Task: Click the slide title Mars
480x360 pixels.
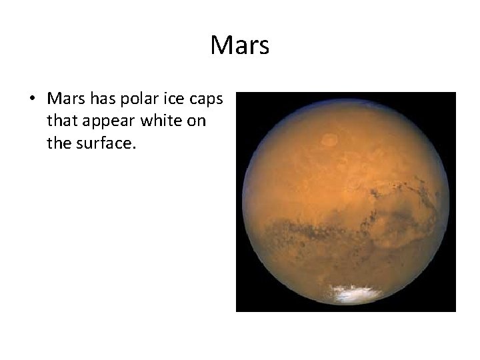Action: pyautogui.click(x=239, y=45)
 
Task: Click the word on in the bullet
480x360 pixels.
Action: pyautogui.click(x=193, y=121)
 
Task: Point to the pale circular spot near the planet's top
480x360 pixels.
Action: pyautogui.click(x=329, y=140)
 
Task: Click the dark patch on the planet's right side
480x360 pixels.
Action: pyautogui.click(x=400, y=213)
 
